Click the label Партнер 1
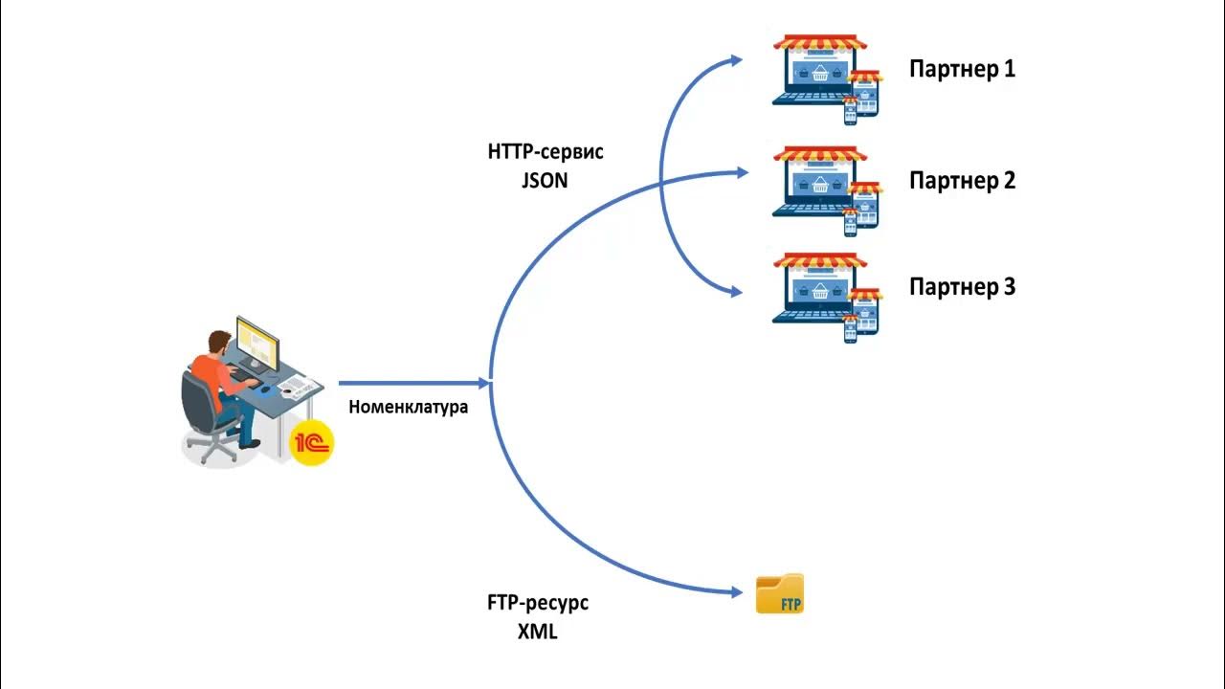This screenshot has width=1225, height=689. pos(962,69)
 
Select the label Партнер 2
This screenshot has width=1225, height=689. pos(962,180)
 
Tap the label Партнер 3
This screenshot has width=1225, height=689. pos(962,286)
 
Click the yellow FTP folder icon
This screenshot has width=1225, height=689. pos(780,594)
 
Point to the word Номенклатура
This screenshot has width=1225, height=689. pos(409,407)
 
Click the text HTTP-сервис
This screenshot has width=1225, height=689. pos(546,152)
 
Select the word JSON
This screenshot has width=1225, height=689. pos(545,179)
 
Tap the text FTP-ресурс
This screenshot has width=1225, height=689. pos(538,604)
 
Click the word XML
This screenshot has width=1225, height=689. pos(537,632)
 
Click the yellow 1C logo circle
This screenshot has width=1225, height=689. pos(313,442)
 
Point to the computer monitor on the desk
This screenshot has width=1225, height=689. pos(256,343)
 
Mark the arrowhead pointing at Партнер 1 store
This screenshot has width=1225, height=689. pos(737,59)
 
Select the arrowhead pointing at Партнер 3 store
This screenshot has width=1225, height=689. pos(737,292)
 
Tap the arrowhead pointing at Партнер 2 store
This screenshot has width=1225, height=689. pos(742,172)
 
